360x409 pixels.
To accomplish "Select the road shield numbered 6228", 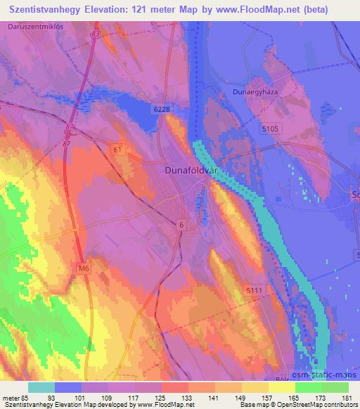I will click(x=162, y=109).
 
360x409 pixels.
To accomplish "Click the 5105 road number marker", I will click(x=271, y=129).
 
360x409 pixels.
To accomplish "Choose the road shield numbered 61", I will click(x=117, y=150).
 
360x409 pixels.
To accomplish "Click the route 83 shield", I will click(x=95, y=34).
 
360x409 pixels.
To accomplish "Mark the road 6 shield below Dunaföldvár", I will click(x=181, y=224).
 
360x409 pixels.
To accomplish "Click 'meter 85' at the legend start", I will click(x=15, y=397).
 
